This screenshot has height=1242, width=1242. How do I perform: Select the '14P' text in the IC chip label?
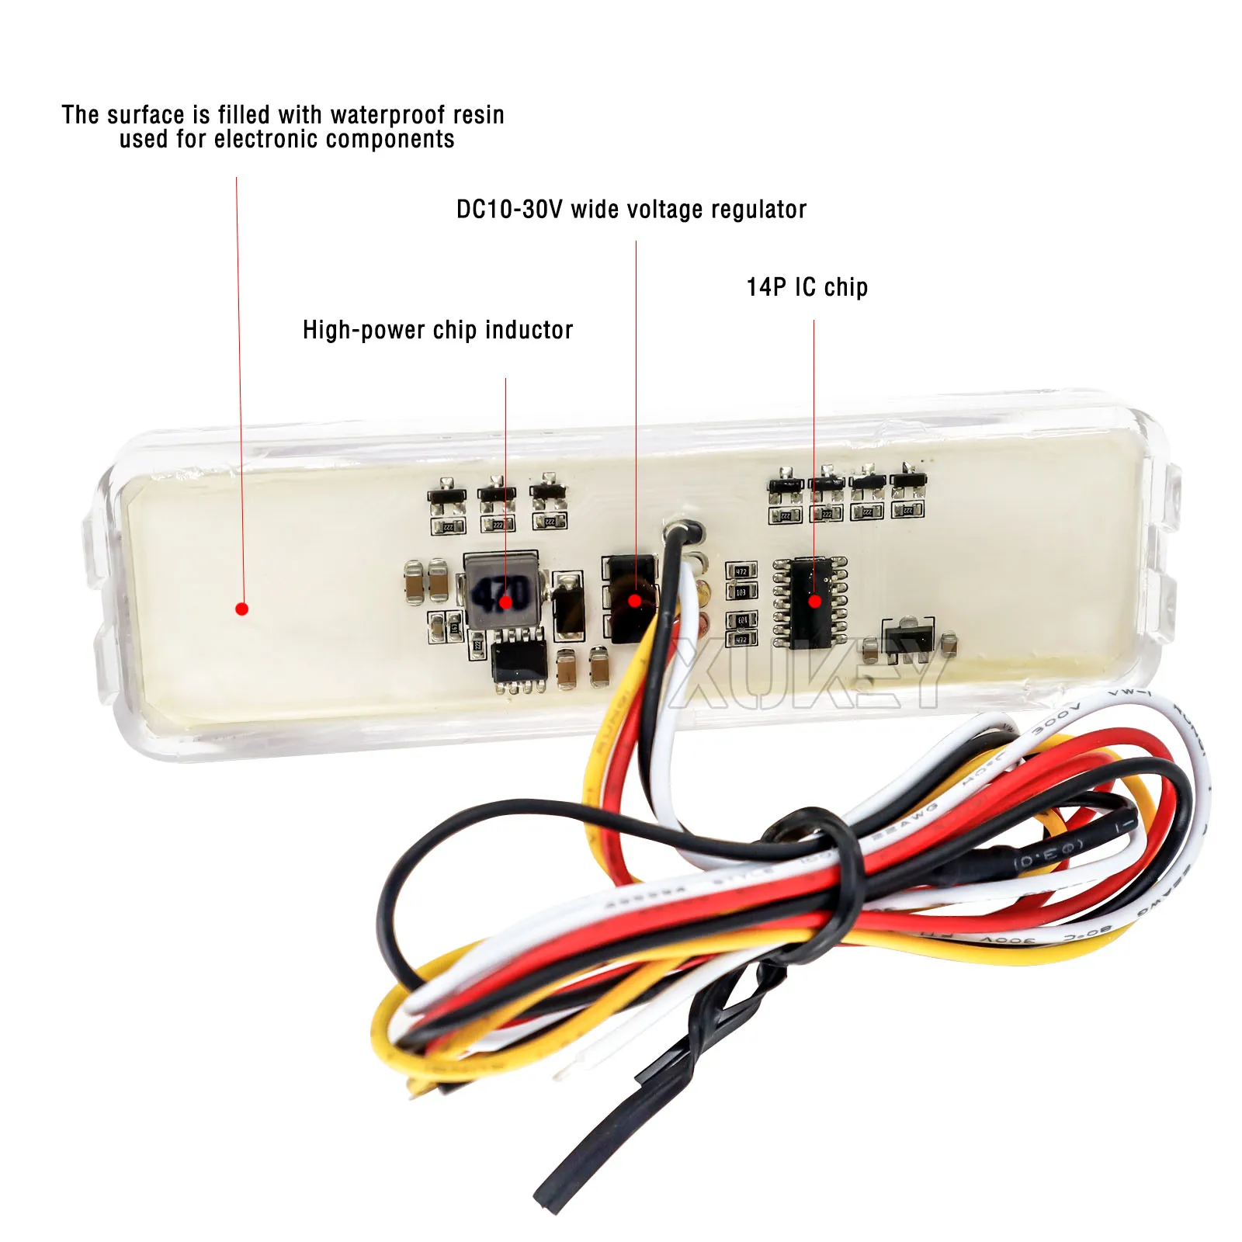pos(766,287)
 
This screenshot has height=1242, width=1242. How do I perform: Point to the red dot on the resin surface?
pos(241,609)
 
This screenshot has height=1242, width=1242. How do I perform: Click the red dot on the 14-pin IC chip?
pos(814,601)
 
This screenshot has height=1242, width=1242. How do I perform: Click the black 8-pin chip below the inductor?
pos(519,660)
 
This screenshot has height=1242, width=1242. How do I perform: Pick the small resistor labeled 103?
pos(741,592)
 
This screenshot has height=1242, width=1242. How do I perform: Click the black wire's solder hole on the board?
pos(683,531)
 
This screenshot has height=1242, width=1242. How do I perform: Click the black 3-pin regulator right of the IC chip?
pos(908,640)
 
